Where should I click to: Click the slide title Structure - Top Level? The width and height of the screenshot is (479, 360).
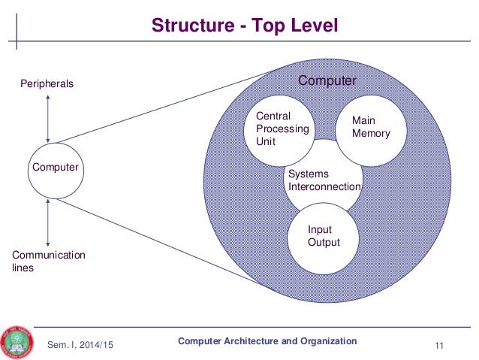(x=245, y=26)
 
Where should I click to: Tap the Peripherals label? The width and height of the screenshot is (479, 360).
(x=47, y=84)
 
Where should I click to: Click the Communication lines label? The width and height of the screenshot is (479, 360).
(x=48, y=261)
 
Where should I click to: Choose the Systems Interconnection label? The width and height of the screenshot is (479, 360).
(x=324, y=180)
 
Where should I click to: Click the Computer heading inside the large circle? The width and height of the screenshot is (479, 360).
(x=328, y=80)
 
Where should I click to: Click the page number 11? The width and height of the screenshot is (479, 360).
(x=440, y=345)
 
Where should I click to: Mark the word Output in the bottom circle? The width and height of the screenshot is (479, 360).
(x=324, y=243)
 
